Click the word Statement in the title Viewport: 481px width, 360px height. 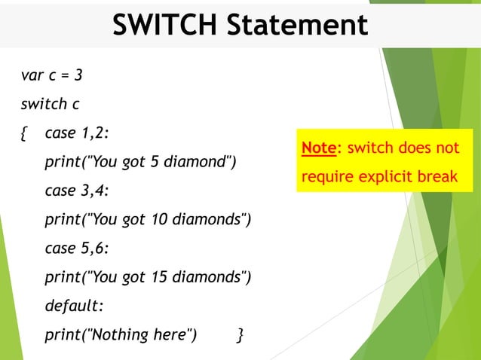(299, 25)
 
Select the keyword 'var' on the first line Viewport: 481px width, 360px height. (32, 75)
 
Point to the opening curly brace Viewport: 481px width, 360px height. (25, 133)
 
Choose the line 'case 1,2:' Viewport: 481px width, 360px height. (77, 133)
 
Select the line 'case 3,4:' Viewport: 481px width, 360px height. (77, 191)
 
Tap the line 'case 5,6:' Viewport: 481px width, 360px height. (77, 248)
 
